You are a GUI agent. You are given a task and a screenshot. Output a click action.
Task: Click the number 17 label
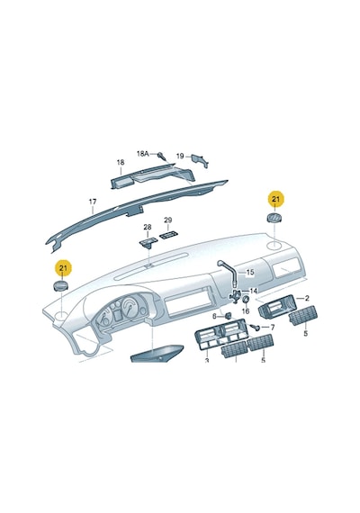[93, 202]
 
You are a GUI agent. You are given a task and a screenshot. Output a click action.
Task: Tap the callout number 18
[121, 162]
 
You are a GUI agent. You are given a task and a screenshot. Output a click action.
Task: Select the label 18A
[143, 153]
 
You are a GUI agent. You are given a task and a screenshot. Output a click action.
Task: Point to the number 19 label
[180, 156]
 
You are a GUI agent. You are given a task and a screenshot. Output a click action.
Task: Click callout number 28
[148, 227]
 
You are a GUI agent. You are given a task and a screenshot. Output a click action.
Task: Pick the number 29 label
[168, 220]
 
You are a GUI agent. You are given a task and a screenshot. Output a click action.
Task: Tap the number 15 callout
[250, 272]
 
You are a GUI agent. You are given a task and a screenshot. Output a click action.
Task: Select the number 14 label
[253, 291]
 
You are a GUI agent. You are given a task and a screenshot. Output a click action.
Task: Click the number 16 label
[246, 310]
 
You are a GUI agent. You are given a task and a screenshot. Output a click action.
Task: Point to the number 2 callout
[307, 298]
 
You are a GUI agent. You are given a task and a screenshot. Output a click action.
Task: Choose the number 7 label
[272, 328]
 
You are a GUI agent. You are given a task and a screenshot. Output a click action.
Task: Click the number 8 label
[215, 316]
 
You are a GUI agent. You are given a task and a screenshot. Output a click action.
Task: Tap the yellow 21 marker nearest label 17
[63, 268]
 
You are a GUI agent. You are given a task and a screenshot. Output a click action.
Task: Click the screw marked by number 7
[256, 327]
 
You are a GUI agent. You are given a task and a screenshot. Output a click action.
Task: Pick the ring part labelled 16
[245, 300]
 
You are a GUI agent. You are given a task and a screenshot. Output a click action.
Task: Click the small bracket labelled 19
[200, 160]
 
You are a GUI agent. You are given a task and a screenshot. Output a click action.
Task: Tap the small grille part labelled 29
[168, 235]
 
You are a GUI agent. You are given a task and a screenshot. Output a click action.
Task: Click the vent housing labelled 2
[278, 306]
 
